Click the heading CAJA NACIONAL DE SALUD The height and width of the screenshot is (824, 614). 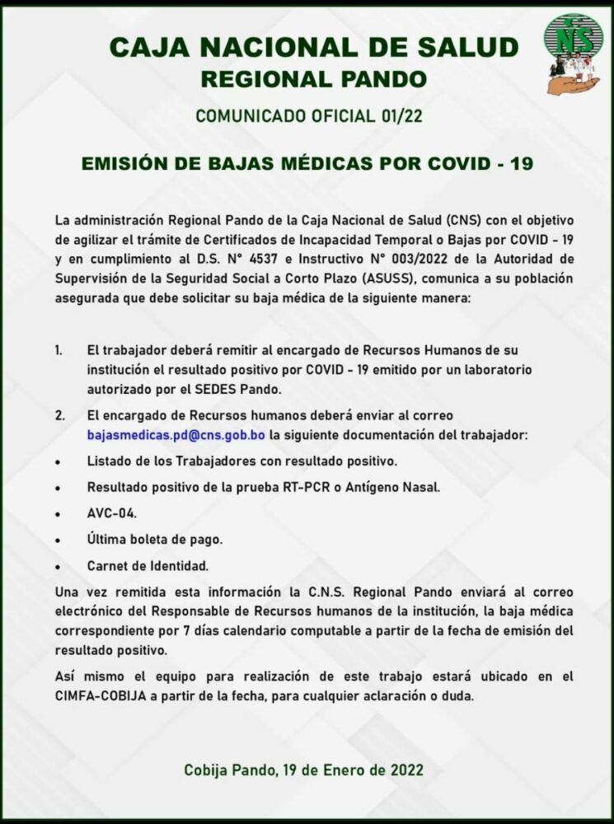click(x=314, y=49)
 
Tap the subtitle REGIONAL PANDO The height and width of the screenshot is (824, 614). click(x=314, y=79)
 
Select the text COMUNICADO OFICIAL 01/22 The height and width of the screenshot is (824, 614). click(x=309, y=115)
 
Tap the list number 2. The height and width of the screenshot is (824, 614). click(x=59, y=415)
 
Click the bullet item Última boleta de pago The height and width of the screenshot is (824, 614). click(x=155, y=539)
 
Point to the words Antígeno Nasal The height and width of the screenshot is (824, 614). click(x=403, y=486)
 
